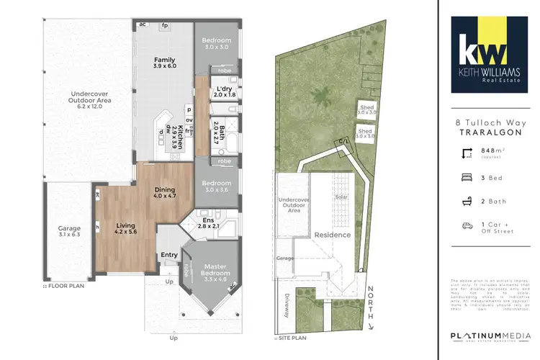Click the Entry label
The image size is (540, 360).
pos(169,255)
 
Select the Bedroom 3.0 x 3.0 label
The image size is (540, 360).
pos(215,42)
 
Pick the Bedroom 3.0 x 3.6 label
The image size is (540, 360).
pos(215,186)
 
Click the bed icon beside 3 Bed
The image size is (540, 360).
pos(467,176)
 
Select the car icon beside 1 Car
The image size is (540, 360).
pos(467,225)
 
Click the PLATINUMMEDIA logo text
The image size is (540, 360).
pos(489,336)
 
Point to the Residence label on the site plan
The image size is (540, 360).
pos(332,235)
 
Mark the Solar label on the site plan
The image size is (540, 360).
pos(341,196)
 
